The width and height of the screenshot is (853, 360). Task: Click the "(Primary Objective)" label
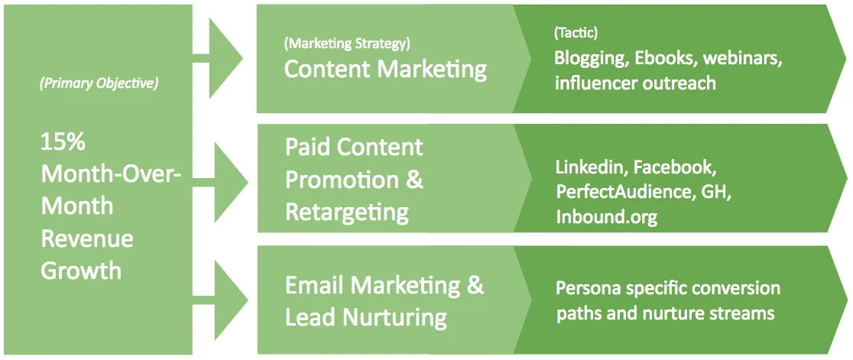[x=99, y=86]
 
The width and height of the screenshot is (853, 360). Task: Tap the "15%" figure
[x=63, y=143]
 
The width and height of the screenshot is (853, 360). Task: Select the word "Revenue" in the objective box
[x=87, y=238]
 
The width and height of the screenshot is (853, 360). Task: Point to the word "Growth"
[x=81, y=271]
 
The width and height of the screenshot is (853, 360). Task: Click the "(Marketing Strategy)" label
[x=347, y=44]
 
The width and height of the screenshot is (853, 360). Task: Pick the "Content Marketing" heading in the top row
[x=385, y=70]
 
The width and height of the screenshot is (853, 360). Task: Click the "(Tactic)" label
[x=576, y=33]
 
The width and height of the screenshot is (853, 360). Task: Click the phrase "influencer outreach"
[x=635, y=84]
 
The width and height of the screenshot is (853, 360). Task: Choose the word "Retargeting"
[x=347, y=213]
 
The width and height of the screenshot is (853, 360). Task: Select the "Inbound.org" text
[x=606, y=217]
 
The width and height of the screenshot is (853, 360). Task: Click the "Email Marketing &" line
[x=384, y=286]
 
